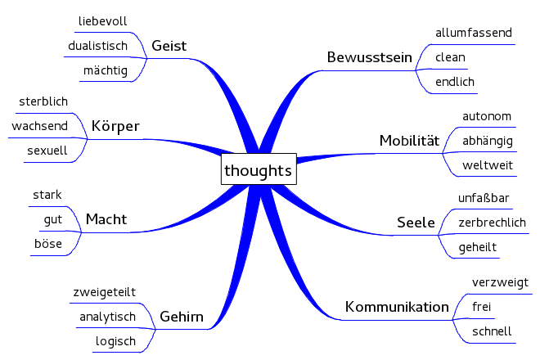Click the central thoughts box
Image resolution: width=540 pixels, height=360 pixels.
258,171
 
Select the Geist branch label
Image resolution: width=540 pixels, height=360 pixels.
169,47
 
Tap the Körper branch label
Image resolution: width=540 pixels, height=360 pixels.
115,127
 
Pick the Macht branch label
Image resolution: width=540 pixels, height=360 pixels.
106,219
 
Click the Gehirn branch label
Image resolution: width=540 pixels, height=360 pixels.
182,317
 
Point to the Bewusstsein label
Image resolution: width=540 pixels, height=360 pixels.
369,57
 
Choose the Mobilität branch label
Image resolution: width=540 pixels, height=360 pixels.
410,141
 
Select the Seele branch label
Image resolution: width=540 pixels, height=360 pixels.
416,222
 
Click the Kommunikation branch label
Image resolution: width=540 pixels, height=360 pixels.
397,308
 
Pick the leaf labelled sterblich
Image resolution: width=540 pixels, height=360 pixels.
43,101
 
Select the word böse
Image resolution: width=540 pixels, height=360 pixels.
48,244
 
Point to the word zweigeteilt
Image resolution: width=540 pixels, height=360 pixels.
104,292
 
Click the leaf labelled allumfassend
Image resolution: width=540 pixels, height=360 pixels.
474,33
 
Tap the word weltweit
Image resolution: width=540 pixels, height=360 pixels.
488,165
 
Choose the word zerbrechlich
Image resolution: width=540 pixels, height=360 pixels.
492,223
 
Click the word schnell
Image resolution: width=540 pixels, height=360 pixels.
493,331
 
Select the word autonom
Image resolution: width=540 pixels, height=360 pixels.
487,116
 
